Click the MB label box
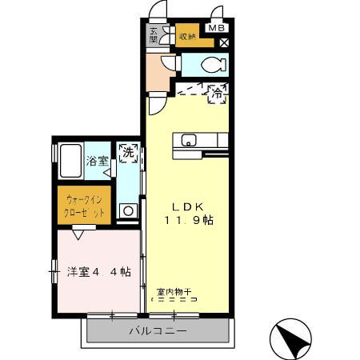216,28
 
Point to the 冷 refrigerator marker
216,94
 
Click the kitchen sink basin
189,142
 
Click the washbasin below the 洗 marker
126,211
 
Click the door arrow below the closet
78,235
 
